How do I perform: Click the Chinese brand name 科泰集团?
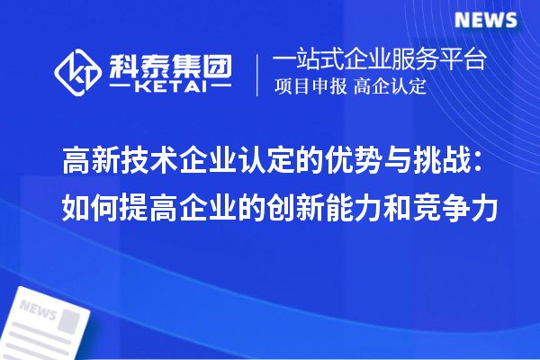coord(169,63)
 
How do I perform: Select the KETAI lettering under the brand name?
coord(169,87)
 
